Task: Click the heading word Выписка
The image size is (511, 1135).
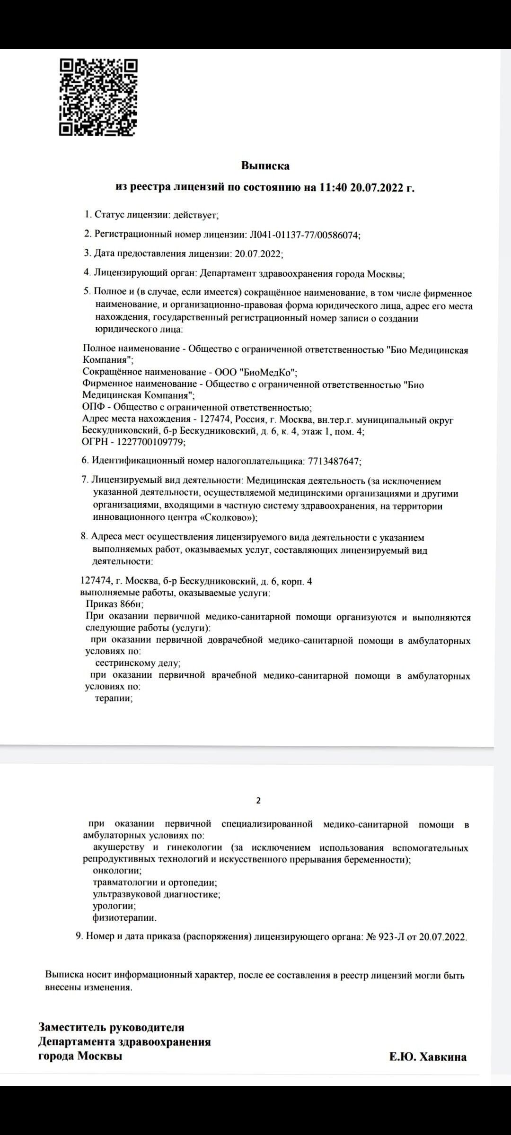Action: [x=265, y=166]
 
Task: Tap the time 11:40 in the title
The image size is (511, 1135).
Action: [x=333, y=187]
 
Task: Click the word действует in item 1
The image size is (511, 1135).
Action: [x=195, y=215]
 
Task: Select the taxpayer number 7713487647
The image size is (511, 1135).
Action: [x=334, y=461]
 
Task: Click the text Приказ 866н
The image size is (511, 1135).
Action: [x=115, y=604]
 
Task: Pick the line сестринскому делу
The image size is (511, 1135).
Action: [x=138, y=663]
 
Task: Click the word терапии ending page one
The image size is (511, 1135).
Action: [x=114, y=698]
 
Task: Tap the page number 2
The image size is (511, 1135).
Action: [x=258, y=801]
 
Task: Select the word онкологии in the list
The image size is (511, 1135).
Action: [x=117, y=870]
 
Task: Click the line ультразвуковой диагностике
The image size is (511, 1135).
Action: [x=157, y=894]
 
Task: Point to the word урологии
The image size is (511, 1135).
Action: [x=114, y=906]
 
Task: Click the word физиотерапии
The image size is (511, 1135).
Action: [x=124, y=918]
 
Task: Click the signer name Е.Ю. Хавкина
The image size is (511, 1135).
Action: [x=428, y=1057]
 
